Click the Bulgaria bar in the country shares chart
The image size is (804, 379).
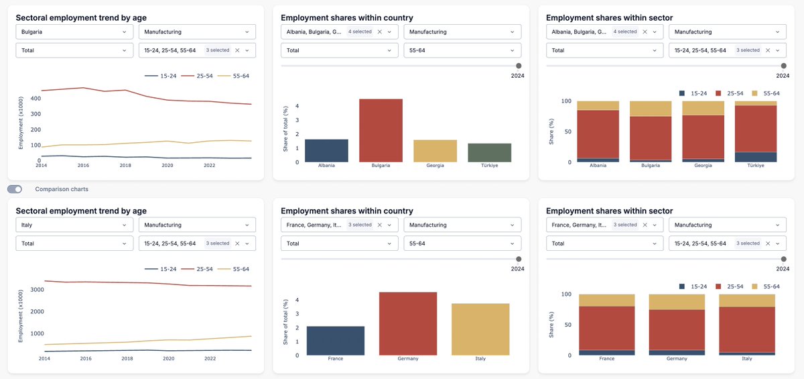tap(381, 130)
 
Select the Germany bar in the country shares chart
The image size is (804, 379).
tap(408, 324)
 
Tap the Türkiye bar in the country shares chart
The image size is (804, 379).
tap(490, 153)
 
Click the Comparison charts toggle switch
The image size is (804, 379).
tap(15, 189)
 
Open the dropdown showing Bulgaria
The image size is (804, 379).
tap(74, 32)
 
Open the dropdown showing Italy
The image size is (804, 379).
tap(74, 225)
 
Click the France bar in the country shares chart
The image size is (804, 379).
tap(336, 341)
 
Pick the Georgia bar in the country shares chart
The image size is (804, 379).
tap(435, 151)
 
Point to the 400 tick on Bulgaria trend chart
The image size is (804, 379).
tap(36, 99)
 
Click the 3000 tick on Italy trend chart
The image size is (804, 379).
tap(37, 290)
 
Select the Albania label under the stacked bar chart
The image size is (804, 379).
tap(598, 166)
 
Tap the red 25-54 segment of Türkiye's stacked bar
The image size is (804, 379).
tap(756, 129)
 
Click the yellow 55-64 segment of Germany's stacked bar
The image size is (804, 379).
tap(677, 302)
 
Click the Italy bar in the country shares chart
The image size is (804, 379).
tap(480, 329)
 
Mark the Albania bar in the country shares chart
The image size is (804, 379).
tap(327, 150)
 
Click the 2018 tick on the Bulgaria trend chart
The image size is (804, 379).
tap(125, 166)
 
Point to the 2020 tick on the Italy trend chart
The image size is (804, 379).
tap(169, 358)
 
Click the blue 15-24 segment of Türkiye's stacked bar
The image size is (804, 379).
tap(756, 157)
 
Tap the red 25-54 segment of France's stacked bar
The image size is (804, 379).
tap(607, 328)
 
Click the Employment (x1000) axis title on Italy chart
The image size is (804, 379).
tap(21, 316)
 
